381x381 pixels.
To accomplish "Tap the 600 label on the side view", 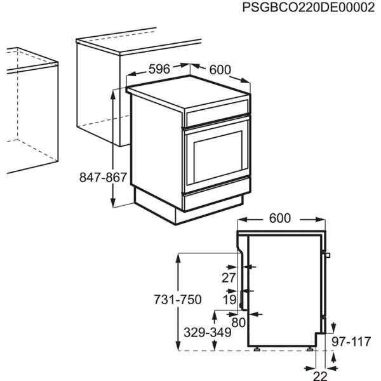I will (279, 218).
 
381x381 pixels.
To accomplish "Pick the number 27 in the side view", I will (229, 277).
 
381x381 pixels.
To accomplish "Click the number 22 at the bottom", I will (320, 375).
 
